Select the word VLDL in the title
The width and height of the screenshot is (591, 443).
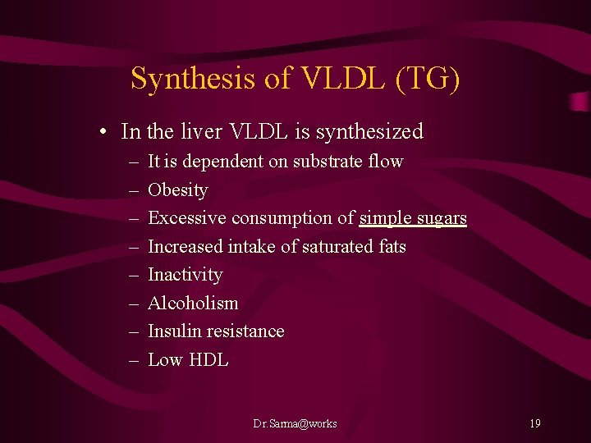pyautogui.click(x=333, y=79)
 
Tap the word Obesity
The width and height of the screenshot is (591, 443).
pyautogui.click(x=177, y=190)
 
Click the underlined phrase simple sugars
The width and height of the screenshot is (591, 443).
pyautogui.click(x=413, y=218)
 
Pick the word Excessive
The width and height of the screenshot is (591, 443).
pyautogui.click(x=187, y=218)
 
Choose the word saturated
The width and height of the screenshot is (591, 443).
pyautogui.click(x=337, y=246)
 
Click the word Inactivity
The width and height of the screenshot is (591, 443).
pyautogui.click(x=185, y=275)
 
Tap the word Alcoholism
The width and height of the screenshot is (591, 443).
pyautogui.click(x=193, y=304)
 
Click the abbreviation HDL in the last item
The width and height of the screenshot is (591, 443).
pyautogui.click(x=209, y=360)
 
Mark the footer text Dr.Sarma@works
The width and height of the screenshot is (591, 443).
pyautogui.click(x=295, y=423)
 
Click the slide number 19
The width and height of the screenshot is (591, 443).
pyautogui.click(x=534, y=423)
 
